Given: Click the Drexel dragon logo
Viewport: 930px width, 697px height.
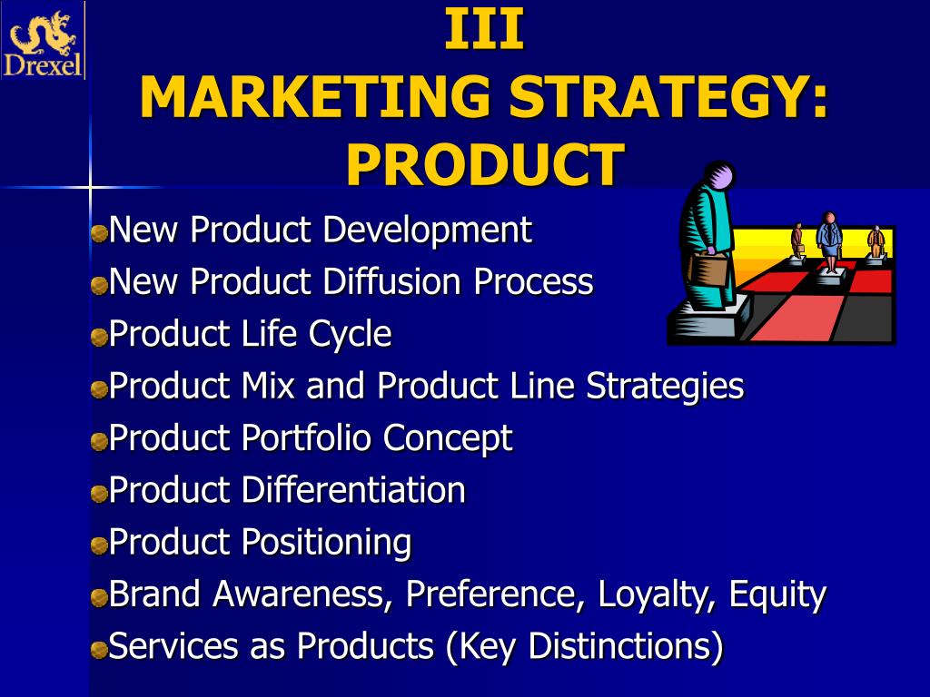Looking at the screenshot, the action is (x=43, y=41).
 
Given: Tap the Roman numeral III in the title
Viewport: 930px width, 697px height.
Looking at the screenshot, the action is (x=484, y=29).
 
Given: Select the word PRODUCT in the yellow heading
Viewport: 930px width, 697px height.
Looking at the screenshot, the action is (x=485, y=165).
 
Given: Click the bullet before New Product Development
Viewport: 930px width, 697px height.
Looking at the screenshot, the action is (x=99, y=232).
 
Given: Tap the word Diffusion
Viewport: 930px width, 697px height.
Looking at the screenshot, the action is (x=392, y=281).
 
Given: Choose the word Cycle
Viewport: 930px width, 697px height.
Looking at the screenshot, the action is (x=350, y=335).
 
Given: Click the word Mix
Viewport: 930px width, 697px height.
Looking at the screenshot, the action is (x=268, y=385).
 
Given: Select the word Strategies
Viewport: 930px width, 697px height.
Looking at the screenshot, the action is (x=665, y=387).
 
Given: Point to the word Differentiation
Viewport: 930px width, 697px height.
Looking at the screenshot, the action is (x=353, y=489).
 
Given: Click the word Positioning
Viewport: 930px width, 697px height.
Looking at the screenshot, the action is (x=327, y=544).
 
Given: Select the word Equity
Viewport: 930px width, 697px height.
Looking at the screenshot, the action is (x=777, y=595).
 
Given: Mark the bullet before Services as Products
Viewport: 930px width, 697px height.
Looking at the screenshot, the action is (x=99, y=650).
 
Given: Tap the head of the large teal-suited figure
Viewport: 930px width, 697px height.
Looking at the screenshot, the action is (x=720, y=176).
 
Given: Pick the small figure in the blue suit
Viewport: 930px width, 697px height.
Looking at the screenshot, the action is (x=828, y=241).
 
